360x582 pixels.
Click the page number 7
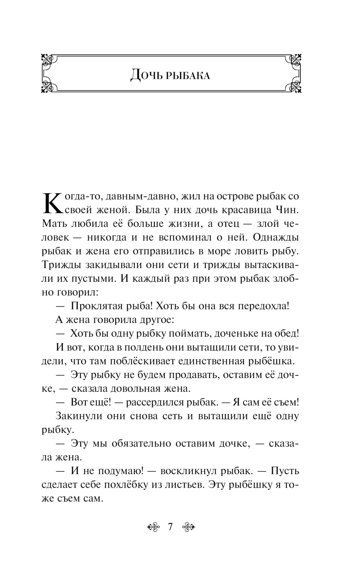tap(170, 527)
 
